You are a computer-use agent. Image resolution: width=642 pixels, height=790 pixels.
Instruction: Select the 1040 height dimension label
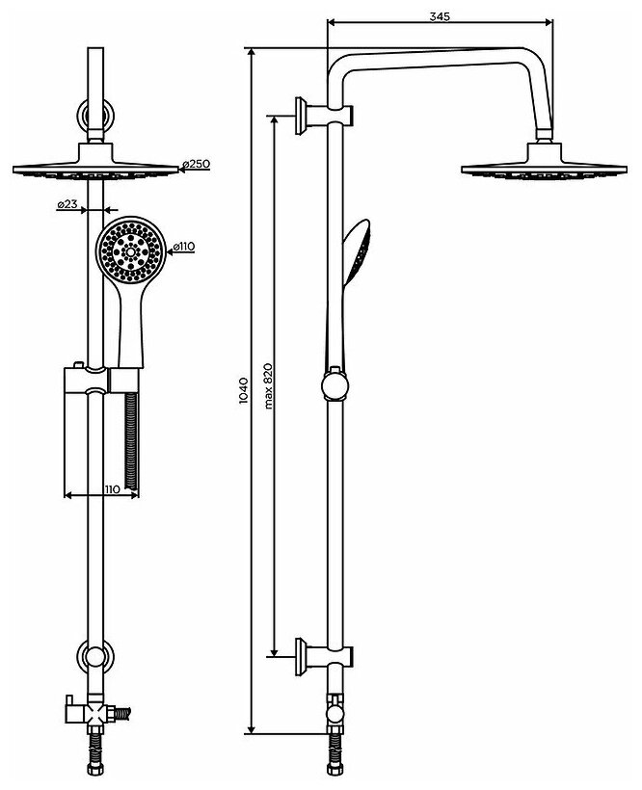(244, 390)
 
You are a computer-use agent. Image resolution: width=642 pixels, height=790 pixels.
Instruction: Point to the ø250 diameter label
(199, 165)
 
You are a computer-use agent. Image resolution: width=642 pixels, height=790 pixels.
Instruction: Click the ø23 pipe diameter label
(67, 204)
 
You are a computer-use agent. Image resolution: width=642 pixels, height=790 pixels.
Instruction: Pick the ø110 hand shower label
(183, 248)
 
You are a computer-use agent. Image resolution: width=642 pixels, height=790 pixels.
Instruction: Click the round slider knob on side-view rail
(334, 386)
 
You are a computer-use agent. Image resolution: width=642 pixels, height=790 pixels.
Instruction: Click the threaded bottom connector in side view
(335, 748)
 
